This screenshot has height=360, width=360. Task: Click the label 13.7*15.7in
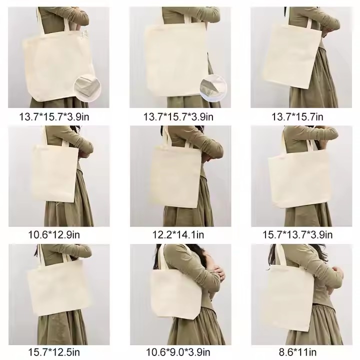[x=297, y=117]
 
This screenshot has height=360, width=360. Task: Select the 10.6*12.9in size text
[x=54, y=234]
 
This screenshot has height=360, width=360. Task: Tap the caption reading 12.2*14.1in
[x=178, y=234]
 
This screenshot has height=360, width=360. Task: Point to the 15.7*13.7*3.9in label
[x=297, y=234]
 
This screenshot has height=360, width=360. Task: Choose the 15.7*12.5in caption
[x=54, y=352]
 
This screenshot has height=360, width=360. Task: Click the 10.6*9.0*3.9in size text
[x=178, y=352]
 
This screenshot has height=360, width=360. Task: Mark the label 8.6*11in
[x=297, y=352]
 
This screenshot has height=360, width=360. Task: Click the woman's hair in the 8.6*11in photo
[x=273, y=255]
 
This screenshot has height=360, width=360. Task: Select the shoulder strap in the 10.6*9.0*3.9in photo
[x=162, y=256]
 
